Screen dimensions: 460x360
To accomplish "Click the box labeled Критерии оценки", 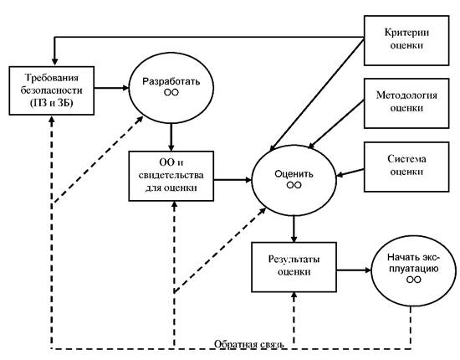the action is click(x=406, y=40).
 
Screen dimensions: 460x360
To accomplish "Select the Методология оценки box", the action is click(x=406, y=103).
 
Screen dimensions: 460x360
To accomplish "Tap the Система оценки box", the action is click(x=406, y=167).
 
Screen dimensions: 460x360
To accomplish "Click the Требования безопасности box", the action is click(x=52, y=90).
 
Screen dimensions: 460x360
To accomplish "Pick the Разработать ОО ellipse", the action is click(x=171, y=88).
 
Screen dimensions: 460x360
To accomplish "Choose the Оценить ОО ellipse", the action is click(x=294, y=180).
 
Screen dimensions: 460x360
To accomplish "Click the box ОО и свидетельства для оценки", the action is click(x=171, y=176).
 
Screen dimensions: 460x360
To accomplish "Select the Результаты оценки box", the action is click(x=294, y=267).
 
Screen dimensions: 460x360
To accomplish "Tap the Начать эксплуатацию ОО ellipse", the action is click(x=414, y=270).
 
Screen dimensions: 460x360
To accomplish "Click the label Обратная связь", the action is click(x=248, y=344).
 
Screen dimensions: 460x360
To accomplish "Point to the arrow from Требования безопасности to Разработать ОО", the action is click(x=111, y=88).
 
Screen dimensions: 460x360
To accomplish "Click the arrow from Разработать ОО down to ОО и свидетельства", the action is click(x=171, y=137).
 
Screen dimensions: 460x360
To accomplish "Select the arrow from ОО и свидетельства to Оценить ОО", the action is click(x=233, y=179).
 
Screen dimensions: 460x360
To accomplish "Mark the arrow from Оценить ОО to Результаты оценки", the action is click(x=294, y=229).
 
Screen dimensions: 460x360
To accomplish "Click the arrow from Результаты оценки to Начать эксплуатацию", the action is click(x=354, y=270).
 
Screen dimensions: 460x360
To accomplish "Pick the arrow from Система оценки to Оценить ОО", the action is click(x=350, y=172).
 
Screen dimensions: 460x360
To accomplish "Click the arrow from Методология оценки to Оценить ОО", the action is click(x=336, y=124).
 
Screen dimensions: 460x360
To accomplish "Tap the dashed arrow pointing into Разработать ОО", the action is click(x=97, y=159).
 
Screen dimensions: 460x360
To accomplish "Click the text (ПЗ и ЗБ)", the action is click(x=51, y=103).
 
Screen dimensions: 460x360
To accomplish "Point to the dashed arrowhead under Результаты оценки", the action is click(x=294, y=296).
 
